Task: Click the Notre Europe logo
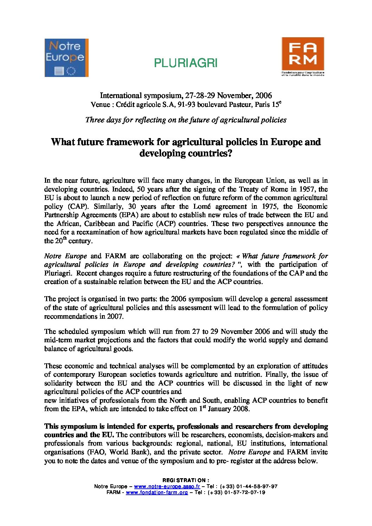[66, 58]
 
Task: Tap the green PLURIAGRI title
[186, 63]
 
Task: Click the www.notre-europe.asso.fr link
[167, 487]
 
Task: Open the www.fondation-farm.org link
[157, 493]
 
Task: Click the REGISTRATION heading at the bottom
[186, 480]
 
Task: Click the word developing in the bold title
[162, 154]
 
